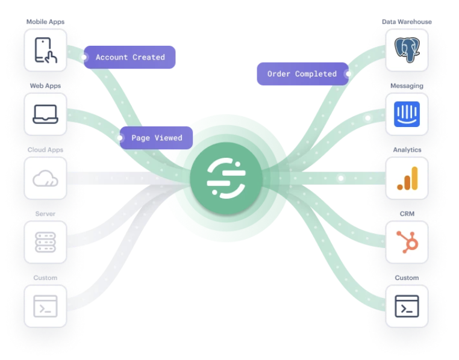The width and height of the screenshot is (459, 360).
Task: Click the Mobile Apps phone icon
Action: point(45,51)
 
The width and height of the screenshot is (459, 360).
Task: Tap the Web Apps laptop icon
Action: point(45,114)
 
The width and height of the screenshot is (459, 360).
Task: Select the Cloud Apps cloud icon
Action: point(45,178)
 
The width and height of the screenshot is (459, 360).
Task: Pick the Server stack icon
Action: point(45,242)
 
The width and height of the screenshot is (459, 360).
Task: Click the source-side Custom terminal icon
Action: point(45,306)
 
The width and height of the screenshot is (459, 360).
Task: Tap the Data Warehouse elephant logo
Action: point(407,50)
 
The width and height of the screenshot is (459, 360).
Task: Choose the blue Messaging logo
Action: point(407,114)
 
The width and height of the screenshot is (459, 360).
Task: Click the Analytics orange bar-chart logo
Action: point(407,178)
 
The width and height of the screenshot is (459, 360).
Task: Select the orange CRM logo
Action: point(407,242)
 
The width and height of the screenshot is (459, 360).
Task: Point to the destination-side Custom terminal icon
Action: point(407,306)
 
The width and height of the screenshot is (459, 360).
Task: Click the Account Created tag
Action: point(130,57)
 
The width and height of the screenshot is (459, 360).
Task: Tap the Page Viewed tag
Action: point(157,138)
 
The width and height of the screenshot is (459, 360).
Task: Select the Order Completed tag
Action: point(302,74)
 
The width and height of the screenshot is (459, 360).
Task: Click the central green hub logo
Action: point(226,179)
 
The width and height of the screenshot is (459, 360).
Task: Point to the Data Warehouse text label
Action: point(407,22)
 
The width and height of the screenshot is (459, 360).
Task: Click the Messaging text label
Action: point(407,86)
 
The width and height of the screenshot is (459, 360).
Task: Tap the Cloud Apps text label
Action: point(45,150)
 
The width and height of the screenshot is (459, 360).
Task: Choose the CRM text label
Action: point(407,214)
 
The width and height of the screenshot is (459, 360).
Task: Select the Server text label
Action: point(45,214)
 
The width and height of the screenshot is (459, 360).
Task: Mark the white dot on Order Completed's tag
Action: point(348,74)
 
